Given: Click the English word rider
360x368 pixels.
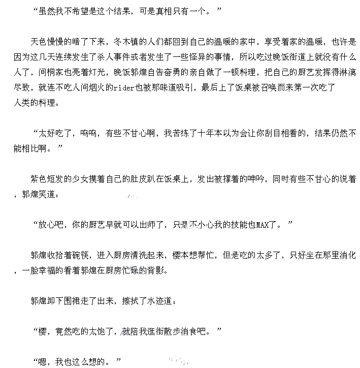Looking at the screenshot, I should (x=122, y=87).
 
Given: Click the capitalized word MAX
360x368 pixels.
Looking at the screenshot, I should (x=262, y=225).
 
